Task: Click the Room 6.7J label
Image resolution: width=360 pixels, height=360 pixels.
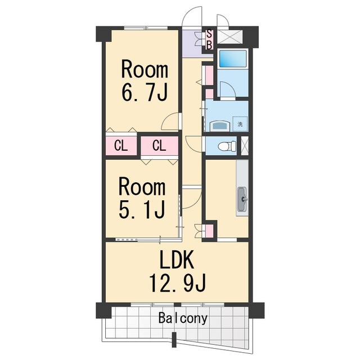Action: click(x=145, y=80)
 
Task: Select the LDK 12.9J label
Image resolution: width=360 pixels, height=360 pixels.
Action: click(x=177, y=271)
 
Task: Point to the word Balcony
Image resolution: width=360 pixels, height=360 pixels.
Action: click(x=183, y=318)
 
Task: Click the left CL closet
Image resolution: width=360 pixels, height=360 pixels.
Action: click(x=121, y=146)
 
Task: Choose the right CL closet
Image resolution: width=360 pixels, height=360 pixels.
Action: click(x=159, y=146)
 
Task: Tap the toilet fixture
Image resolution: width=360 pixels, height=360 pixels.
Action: click(x=227, y=146)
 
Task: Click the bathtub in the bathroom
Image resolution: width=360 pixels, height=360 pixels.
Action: click(x=233, y=58)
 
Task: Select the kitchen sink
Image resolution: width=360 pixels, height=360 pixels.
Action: click(x=242, y=199)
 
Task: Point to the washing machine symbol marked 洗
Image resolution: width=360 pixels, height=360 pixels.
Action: click(x=240, y=124)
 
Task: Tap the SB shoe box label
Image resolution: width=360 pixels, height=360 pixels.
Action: click(x=209, y=40)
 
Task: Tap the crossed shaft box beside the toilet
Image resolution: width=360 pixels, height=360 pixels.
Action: click(x=245, y=146)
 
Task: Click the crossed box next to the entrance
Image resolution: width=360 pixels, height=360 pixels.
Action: click(x=229, y=37)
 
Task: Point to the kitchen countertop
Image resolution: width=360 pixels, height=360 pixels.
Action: click(x=242, y=188)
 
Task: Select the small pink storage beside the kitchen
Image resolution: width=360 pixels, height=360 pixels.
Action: click(x=209, y=231)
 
